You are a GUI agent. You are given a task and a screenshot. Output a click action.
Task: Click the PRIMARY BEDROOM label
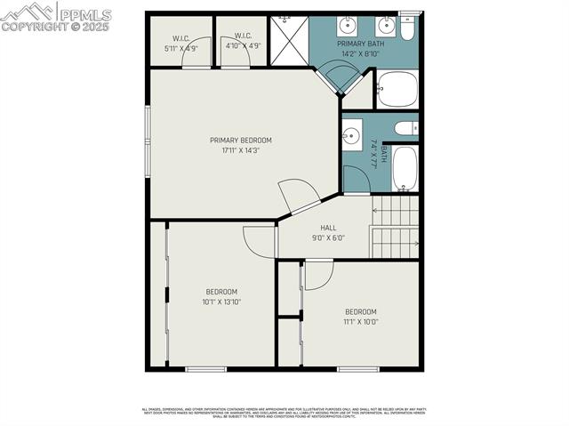pos(240,140)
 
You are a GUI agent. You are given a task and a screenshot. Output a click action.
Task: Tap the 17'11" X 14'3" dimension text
pos(240,149)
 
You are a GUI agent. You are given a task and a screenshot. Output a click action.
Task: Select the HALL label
pos(328,228)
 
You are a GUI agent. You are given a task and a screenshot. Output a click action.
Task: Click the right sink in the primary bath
pos(386,25)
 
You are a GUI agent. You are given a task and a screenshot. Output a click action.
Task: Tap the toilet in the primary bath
pos(408,28)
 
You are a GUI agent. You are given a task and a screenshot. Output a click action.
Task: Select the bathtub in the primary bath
pos(397,90)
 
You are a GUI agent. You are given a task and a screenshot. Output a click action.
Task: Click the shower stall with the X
pos(288,40)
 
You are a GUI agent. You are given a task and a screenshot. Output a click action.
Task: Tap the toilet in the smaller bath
pos(405,129)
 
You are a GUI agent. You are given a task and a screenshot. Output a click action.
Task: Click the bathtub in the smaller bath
pos(405,168)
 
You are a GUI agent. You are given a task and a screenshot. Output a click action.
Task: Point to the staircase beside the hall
pos(395,227)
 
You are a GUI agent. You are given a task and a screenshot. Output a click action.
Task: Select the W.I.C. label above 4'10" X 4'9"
pos(243,36)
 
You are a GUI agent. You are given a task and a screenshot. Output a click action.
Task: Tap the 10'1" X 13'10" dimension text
pos(221,301)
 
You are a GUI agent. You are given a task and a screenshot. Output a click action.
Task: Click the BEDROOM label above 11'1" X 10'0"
pos(361,311)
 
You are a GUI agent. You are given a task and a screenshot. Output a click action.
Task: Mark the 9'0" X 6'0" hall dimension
pos(328,237)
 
